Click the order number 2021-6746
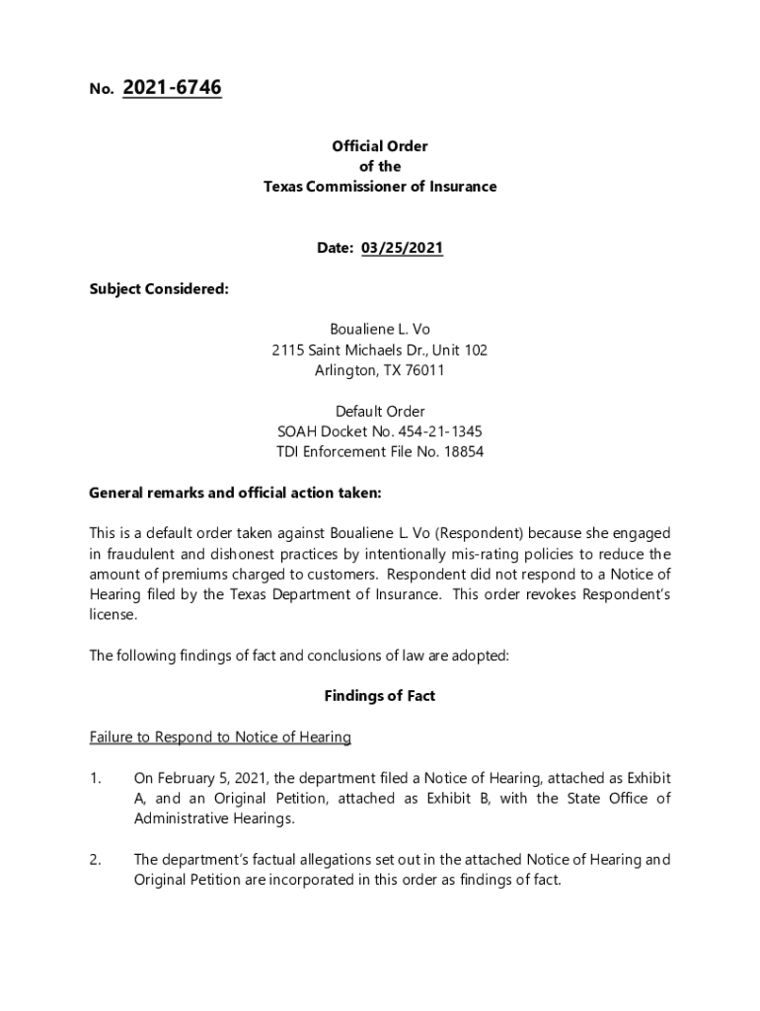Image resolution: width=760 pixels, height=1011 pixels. pos(172,89)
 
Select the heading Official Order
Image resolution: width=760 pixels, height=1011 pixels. pos(380,146)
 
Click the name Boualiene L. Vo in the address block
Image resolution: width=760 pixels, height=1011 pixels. pos(380,330)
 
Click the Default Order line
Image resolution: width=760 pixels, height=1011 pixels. pos(380,411)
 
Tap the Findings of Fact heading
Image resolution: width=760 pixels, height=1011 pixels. pos(380,696)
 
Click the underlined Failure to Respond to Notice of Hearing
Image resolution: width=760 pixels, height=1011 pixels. pos(220,738)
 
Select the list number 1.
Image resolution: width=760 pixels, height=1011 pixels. pos(94,779)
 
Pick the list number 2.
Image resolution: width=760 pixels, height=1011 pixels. pos(94,860)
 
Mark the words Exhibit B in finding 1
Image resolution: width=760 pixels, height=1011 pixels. pos(452,799)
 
